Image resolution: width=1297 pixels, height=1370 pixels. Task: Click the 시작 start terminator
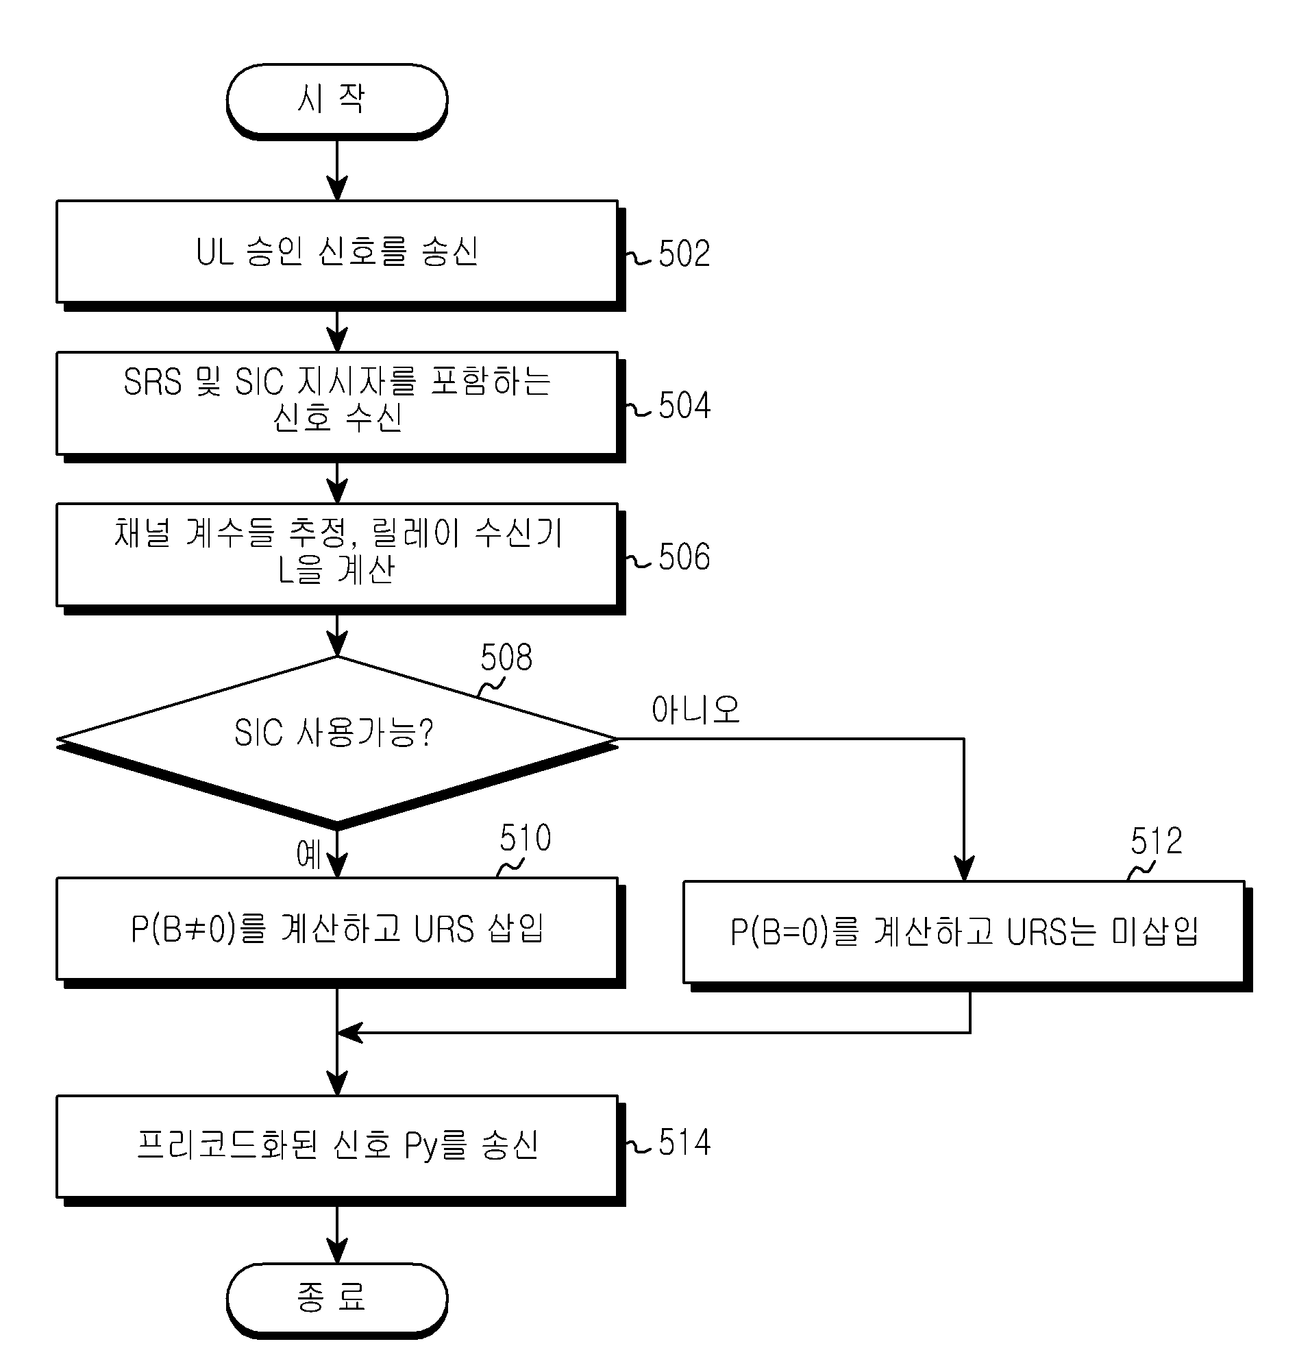pyautogui.click(x=337, y=101)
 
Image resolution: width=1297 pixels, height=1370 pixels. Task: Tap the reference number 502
pyautogui.click(x=684, y=254)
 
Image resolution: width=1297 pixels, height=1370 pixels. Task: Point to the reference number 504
pyautogui.click(x=684, y=405)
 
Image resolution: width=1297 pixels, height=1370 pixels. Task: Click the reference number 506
pyautogui.click(x=684, y=556)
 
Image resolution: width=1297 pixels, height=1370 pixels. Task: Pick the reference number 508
pyautogui.click(x=506, y=657)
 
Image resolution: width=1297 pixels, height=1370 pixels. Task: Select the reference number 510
pyautogui.click(x=526, y=837)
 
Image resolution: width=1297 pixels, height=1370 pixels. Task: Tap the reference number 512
pyautogui.click(x=1156, y=841)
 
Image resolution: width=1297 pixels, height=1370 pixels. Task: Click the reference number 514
pyautogui.click(x=684, y=1142)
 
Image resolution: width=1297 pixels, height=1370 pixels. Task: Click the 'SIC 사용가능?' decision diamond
pyautogui.click(x=337, y=742)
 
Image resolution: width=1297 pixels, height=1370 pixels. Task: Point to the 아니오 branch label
pyautogui.click(x=695, y=710)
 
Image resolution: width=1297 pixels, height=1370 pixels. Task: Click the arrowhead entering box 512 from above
pyautogui.click(x=964, y=868)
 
